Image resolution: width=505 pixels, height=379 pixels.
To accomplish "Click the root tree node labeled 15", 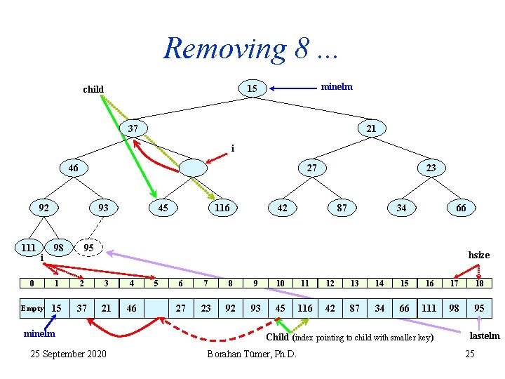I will [x=252, y=88].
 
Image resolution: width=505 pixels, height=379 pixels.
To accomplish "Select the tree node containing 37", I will [x=133, y=128].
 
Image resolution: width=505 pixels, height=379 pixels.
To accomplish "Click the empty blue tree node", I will [x=193, y=168].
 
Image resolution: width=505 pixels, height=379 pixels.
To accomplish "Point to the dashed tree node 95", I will [x=88, y=248].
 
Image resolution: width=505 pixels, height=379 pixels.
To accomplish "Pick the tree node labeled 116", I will [x=222, y=207].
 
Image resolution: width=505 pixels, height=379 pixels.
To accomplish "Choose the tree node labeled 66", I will [x=461, y=208].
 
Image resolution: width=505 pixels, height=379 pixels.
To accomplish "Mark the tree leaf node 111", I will [x=28, y=248].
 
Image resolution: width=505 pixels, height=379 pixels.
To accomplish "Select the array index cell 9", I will [x=255, y=283].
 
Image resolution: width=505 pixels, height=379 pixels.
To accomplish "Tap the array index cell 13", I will [x=354, y=283].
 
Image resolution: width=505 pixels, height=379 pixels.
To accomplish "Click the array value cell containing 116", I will [x=305, y=308].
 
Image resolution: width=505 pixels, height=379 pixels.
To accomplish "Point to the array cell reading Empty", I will [x=32, y=308].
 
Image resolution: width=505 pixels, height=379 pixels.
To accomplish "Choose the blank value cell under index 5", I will [x=156, y=308].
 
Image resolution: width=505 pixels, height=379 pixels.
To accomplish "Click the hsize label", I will [x=479, y=255].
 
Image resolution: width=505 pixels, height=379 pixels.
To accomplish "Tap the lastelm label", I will [x=485, y=336].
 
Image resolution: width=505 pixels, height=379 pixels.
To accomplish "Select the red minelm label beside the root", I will [x=337, y=87].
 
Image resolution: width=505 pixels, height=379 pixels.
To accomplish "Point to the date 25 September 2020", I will [x=69, y=353].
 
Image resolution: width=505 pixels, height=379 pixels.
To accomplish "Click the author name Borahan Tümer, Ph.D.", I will [x=252, y=353].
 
